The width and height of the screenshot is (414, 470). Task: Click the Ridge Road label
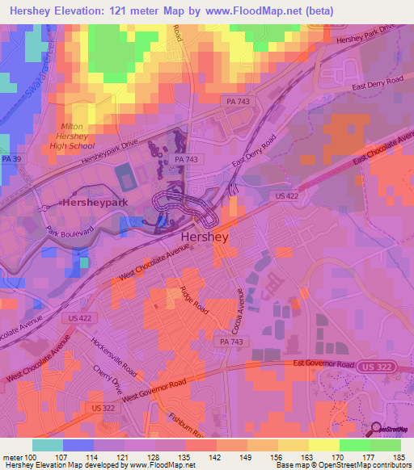tap(194, 298)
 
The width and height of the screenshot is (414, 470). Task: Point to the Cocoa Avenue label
tap(240, 304)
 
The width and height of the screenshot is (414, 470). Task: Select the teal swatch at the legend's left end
tap(48, 444)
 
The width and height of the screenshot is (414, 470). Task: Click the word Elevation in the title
tap(78, 12)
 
